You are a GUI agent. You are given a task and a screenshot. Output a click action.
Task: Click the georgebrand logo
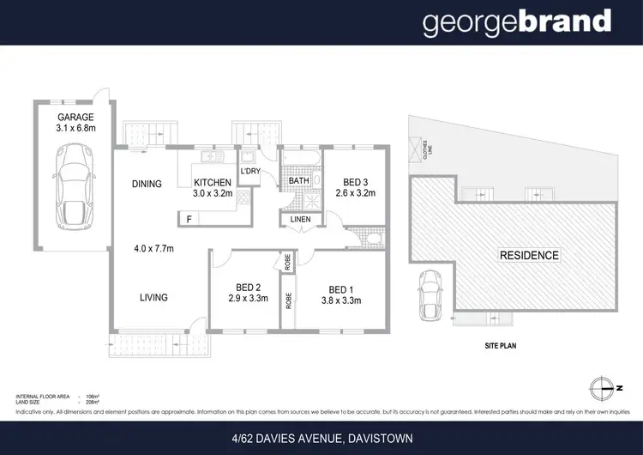point(517,22)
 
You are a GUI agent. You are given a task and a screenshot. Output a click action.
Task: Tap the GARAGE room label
point(75,118)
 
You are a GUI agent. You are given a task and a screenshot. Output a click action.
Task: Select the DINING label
point(147,184)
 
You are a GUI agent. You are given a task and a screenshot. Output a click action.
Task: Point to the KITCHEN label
point(213,183)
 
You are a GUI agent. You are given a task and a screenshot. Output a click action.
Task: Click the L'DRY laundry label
point(250,172)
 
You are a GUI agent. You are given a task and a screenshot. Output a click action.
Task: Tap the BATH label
point(298,182)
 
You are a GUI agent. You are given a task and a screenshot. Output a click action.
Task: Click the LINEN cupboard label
point(300,221)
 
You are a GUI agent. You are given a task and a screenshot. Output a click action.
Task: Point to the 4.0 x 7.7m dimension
point(153,250)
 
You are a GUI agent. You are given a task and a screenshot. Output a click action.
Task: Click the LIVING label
point(153,298)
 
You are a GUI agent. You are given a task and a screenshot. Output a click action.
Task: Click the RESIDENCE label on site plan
point(529,255)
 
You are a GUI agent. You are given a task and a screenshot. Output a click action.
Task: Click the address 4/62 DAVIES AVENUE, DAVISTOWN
point(321,439)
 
